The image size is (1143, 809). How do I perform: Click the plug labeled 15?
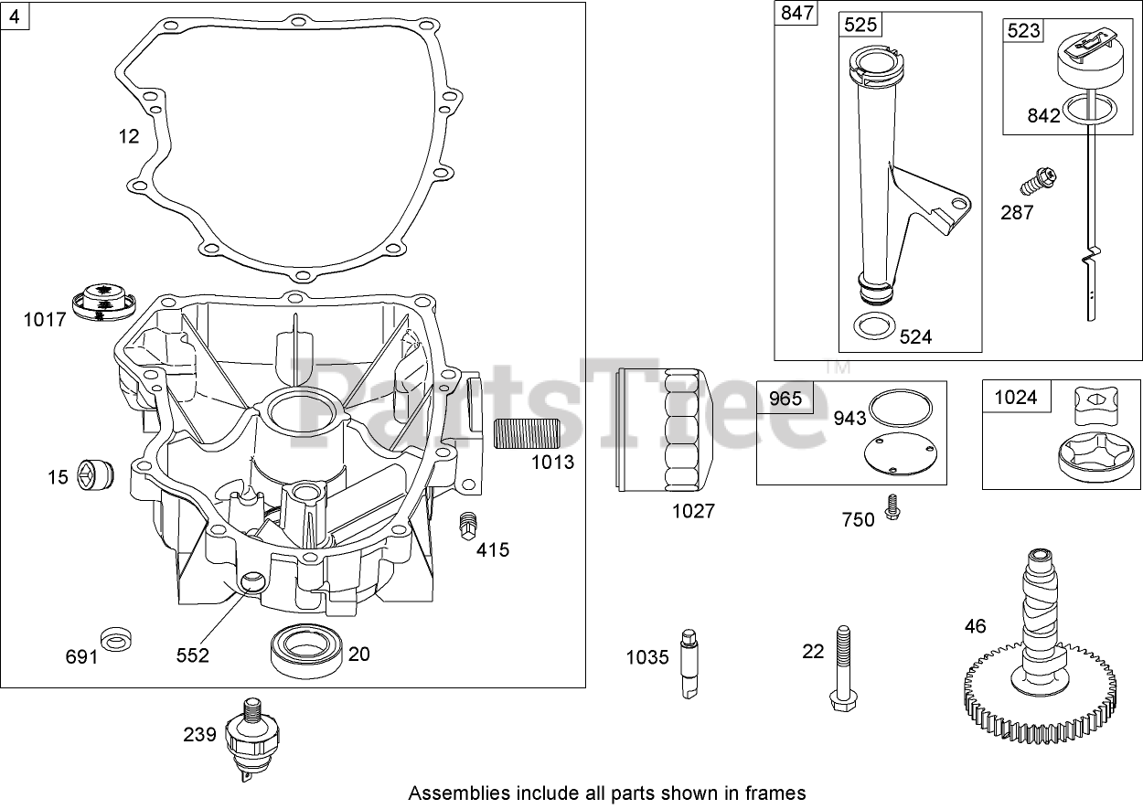coord(95,474)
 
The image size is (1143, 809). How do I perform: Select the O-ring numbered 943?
coord(900,406)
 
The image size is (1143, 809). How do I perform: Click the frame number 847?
coord(796,15)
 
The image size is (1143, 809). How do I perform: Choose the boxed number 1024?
coord(1015,397)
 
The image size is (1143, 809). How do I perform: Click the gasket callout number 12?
coord(129,136)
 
